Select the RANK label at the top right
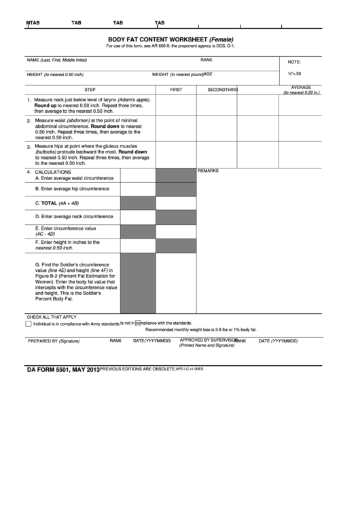click(x=206, y=60)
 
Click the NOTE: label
click(x=294, y=61)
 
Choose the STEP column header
click(x=90, y=90)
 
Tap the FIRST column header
click(x=176, y=90)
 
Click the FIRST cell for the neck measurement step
click(x=176, y=105)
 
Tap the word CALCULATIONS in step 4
click(x=53, y=172)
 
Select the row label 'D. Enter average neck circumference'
click(x=74, y=216)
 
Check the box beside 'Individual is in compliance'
click(x=29, y=323)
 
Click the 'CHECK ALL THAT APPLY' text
click(x=52, y=317)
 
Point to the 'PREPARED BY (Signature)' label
click(x=54, y=340)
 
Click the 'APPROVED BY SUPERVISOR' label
click(x=208, y=339)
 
